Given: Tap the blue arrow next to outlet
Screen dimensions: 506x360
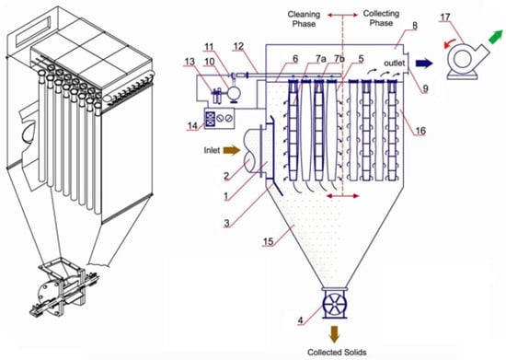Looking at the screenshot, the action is (424, 64).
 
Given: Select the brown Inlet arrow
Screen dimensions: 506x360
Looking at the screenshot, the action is (232, 150).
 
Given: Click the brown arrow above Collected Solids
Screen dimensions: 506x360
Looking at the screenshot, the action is (334, 334).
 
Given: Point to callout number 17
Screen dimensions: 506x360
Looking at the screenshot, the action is (445, 17).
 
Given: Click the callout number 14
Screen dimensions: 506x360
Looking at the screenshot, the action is (192, 125).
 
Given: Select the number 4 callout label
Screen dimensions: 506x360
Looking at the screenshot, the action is (301, 320).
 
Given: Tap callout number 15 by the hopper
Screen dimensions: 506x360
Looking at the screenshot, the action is (268, 241).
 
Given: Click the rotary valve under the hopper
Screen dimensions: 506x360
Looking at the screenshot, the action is (335, 304).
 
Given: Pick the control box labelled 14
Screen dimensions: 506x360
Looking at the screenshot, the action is (220, 119).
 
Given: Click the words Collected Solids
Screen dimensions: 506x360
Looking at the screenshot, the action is (337, 353).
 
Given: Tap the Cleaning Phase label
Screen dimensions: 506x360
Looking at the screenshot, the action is (304, 19).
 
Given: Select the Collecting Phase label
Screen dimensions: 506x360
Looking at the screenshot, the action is (381, 18).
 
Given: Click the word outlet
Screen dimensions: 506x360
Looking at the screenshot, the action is (394, 63).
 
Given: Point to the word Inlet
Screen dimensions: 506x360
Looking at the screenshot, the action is (212, 150).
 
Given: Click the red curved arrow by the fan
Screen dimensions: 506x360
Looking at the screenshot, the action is (449, 43).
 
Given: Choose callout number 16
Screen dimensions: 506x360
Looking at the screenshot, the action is (420, 131).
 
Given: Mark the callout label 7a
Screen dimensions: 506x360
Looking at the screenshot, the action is (321, 58).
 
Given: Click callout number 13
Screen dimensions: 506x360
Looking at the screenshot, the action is (190, 61).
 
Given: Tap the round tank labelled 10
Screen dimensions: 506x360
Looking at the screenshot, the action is (234, 93).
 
